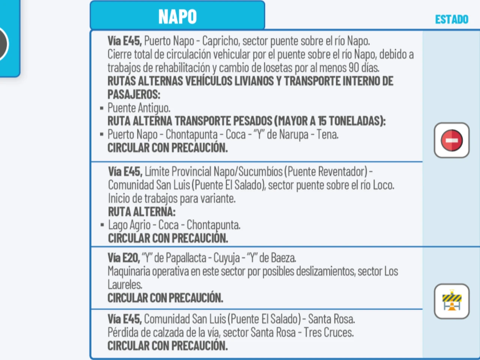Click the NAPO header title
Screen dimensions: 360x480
pos(177,16)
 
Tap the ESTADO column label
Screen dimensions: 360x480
pos(451,19)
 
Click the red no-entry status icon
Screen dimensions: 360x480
pos(451,140)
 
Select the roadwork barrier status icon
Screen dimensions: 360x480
pos(451,301)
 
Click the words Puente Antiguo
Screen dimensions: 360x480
pos(139,108)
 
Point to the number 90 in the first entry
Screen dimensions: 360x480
pos(354,68)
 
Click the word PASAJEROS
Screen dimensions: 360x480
pos(133,94)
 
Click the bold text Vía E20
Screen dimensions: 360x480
pos(123,258)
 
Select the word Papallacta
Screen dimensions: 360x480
pos(186,258)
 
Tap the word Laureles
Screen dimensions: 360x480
pos(124,285)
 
